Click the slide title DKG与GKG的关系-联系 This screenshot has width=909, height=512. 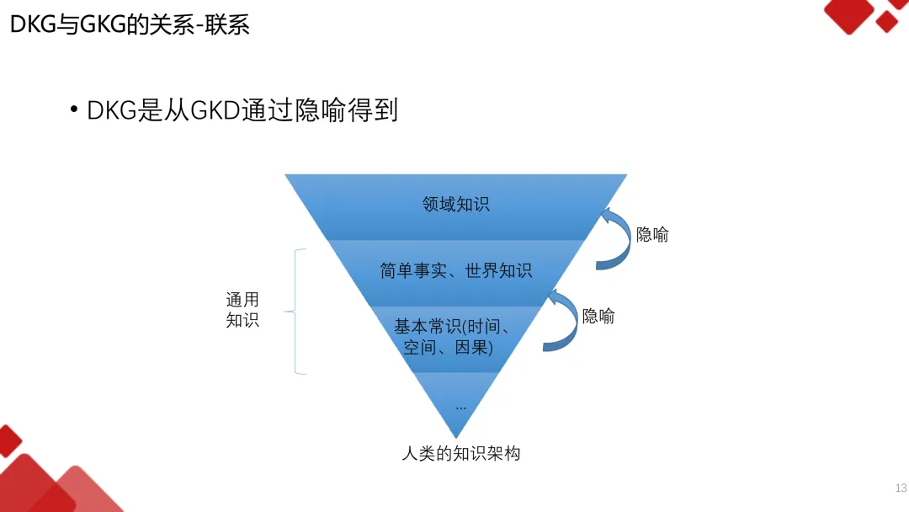tap(130, 24)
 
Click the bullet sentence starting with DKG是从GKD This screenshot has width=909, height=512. tap(242, 110)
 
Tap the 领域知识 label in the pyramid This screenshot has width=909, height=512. tap(455, 204)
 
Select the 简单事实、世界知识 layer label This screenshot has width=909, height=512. tap(455, 271)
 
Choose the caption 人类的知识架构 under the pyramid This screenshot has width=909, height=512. tap(460, 453)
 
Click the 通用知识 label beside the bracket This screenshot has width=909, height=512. tap(242, 310)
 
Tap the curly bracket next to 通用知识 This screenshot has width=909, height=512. tap(295, 312)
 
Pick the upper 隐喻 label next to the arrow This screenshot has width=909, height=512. tap(652, 235)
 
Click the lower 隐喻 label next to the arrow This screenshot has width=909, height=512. tap(598, 316)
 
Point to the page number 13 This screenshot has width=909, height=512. tap(901, 488)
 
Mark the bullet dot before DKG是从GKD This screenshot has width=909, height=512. tap(74, 110)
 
